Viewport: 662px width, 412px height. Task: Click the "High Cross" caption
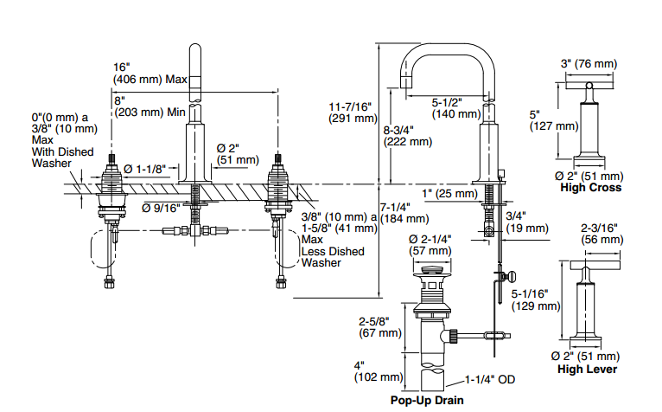590,187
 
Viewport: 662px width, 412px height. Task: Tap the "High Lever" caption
587,369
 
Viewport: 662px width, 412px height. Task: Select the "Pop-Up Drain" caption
427,400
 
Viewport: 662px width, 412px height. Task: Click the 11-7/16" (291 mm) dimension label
353,113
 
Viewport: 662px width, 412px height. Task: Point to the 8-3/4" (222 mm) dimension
407,136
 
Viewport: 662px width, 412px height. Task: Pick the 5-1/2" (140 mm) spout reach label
456,108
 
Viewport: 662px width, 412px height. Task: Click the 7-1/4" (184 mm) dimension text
404,213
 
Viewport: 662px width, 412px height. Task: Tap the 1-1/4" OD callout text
490,380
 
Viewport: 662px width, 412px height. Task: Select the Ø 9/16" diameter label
161,208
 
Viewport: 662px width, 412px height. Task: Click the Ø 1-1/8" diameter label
144,169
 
